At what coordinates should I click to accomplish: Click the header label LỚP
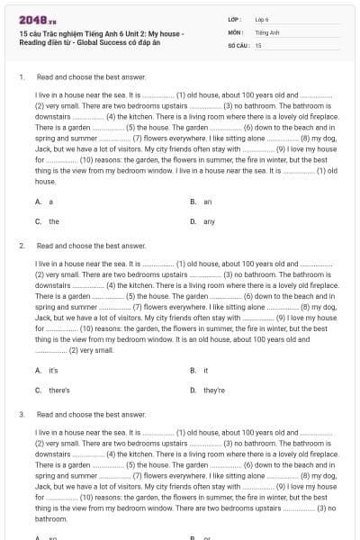coord(236,19)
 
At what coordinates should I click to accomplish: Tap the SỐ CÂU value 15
coord(258,44)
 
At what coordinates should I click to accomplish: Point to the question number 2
coord(21,245)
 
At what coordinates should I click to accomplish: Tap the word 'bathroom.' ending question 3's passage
coord(51,519)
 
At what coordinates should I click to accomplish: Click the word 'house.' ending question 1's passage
coord(45,181)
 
